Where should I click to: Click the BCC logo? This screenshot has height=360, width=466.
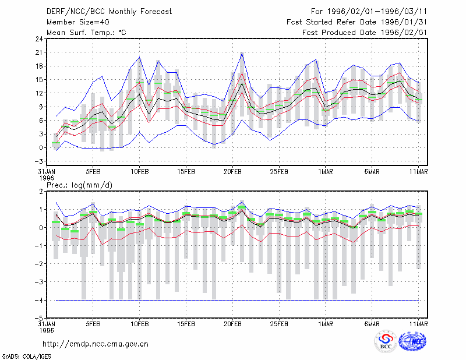(x=386, y=343)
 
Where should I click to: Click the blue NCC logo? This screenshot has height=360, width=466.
(x=412, y=341)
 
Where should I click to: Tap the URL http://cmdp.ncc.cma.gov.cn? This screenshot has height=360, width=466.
(x=96, y=344)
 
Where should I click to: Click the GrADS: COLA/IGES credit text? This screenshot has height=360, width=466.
(x=26, y=357)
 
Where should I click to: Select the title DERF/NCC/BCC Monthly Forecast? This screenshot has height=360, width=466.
(x=109, y=12)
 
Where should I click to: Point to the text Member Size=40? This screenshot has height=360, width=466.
(x=78, y=22)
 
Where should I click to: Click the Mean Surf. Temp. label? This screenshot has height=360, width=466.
(x=86, y=33)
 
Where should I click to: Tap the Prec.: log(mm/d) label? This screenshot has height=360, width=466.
(x=79, y=185)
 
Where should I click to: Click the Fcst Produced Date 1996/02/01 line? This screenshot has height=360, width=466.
(x=365, y=33)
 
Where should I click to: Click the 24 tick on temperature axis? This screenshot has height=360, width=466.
(x=39, y=39)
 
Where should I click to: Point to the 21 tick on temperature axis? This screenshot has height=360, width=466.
(x=39, y=52)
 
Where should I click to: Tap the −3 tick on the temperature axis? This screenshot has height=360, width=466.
(x=38, y=161)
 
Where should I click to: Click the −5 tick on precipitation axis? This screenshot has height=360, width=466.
(x=38, y=318)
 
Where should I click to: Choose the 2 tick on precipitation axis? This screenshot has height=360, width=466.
(x=41, y=192)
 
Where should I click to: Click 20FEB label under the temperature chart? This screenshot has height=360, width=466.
(x=232, y=172)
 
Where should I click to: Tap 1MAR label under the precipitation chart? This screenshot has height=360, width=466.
(x=326, y=324)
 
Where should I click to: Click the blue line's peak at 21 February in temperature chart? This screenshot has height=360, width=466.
(x=242, y=52)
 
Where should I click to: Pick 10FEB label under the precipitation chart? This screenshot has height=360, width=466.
(x=139, y=324)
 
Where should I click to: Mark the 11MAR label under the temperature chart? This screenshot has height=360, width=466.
(x=418, y=172)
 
